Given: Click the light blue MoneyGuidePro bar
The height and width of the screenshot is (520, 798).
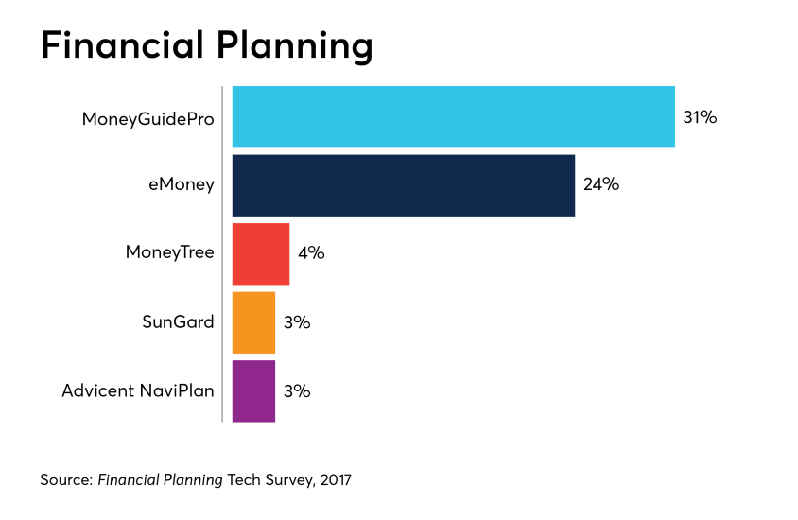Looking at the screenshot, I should coord(453,117).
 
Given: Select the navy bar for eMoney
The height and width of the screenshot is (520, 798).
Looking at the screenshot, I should coord(403,185).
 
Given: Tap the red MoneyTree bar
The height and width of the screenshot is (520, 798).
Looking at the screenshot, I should coord(260,253).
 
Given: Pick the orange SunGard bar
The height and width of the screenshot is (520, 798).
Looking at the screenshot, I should coord(253,322).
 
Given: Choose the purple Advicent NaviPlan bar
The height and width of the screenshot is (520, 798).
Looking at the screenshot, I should coord(253,390).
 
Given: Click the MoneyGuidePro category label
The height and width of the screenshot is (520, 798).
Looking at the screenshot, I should coord(147,118).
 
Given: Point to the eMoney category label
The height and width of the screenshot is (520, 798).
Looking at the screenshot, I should coord(175,185).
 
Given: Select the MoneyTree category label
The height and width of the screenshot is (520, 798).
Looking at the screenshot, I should coord(170,253).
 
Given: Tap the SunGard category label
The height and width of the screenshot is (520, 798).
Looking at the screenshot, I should coord(178,322).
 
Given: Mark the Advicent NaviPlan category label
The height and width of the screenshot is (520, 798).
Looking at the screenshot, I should coord(138,390).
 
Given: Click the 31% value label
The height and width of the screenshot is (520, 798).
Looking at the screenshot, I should coord(701,118).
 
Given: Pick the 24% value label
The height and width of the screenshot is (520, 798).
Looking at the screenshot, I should coord(601,185).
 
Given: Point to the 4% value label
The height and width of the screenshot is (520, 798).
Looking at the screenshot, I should coord(311,253).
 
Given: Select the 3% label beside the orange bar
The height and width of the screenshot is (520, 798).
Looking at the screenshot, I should coord(297,322).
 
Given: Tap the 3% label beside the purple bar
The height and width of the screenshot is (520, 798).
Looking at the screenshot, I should coord(297,390).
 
